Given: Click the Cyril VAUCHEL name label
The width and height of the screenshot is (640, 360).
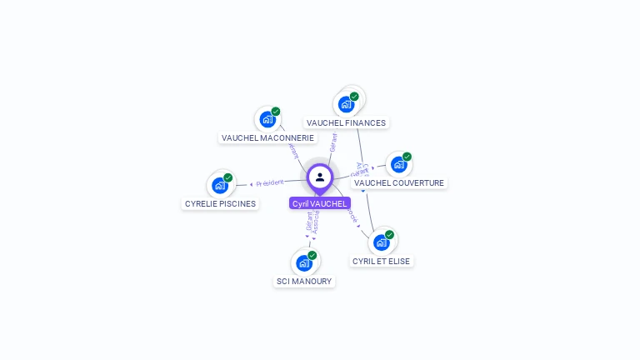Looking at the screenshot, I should [319, 203].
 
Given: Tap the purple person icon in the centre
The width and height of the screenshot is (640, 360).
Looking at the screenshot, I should [320, 177].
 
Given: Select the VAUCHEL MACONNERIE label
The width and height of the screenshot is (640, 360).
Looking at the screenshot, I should [267, 137].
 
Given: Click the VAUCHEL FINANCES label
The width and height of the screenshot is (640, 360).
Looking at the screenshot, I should [346, 122].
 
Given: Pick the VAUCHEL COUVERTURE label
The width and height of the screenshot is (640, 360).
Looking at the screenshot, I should [399, 182].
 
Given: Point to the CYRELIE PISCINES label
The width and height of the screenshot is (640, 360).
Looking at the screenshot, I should [220, 203].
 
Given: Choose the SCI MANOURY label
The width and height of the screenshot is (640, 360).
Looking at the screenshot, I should [304, 282].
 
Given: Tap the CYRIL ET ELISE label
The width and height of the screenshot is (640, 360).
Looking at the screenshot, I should [382, 261].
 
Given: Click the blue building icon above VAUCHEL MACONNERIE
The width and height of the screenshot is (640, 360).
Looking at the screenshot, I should [267, 119].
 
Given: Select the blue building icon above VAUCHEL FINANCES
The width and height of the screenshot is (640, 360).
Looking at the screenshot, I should [345, 105].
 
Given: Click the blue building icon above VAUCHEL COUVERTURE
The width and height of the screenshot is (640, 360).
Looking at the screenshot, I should [398, 165].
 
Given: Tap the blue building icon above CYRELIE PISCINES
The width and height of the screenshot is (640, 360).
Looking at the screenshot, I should [220, 185].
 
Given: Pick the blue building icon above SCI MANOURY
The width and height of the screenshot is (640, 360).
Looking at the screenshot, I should [304, 263].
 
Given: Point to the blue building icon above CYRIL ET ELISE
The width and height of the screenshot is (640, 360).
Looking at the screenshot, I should [381, 242].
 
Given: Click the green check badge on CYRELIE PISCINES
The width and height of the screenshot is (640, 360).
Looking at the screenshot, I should [228, 177].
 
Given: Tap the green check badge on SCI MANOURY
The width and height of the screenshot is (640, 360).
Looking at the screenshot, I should [312, 255].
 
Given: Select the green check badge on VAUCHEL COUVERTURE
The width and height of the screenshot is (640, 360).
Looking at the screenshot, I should [407, 157].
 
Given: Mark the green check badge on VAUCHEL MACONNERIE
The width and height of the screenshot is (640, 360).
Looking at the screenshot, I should [276, 112].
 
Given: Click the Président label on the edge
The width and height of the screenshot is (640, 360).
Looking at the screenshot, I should [270, 182].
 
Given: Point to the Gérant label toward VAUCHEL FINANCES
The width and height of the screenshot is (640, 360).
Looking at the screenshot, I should [333, 142].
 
